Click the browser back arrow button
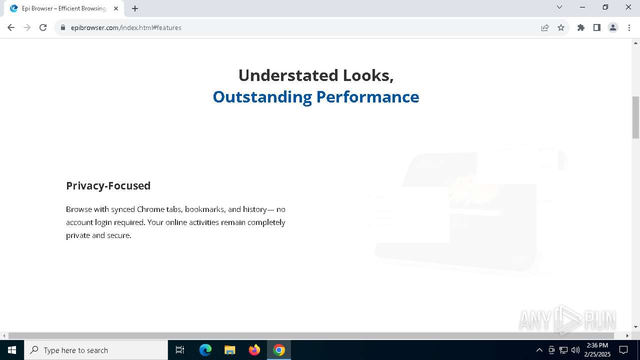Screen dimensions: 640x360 click(11, 27)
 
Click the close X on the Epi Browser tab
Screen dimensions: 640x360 click(116, 8)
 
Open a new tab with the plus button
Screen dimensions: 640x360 click(135, 8)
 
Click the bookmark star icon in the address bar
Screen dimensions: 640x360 click(561, 27)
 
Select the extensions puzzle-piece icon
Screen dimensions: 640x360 click(581, 27)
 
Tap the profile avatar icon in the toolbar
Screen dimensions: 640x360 click(613, 27)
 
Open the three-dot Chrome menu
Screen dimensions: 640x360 click(629, 27)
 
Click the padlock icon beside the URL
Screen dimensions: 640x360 click(63, 27)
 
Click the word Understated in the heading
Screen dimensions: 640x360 click(288, 75)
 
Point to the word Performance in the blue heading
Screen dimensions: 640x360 click(367, 97)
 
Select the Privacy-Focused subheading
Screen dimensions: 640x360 click(108, 185)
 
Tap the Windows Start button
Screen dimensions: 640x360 click(11, 350)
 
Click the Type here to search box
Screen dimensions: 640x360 click(96, 350)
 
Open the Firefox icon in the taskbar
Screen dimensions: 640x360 click(254, 350)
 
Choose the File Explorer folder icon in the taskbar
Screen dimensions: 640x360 click(229, 350)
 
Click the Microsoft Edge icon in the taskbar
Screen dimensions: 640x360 click(205, 350)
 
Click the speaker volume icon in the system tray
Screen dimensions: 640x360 click(575, 350)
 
